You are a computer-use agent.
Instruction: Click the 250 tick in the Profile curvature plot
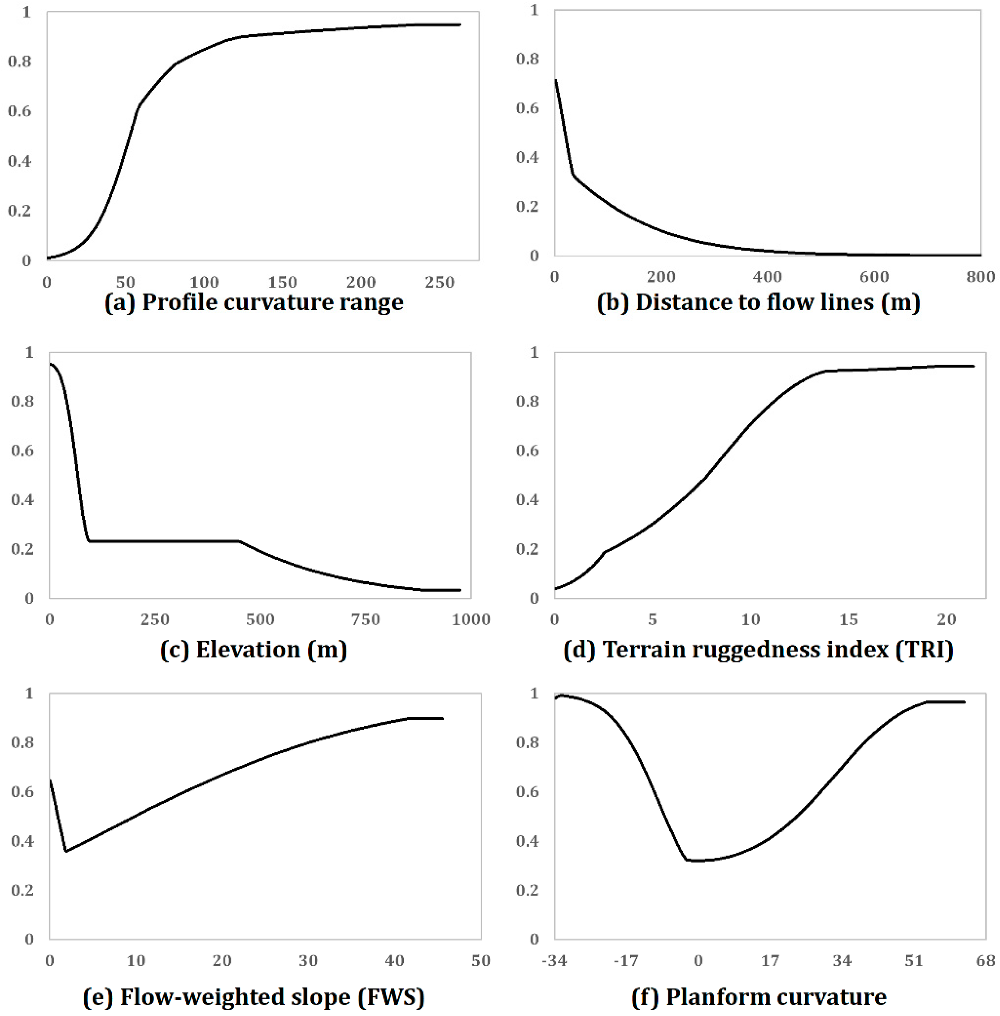pos(439,282)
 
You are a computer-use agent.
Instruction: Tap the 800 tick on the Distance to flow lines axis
pos(980,277)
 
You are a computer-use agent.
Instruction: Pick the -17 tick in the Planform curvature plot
pos(626,961)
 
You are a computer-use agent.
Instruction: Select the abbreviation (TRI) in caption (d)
pos(921,650)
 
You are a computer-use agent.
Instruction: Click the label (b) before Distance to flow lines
pos(613,303)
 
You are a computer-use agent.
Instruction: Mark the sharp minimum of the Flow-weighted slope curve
pos(66,851)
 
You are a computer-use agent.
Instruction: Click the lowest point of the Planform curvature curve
pos(693,860)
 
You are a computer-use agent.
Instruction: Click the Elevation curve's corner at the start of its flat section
pos(90,541)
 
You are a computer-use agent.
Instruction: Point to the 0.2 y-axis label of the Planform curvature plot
pos(527,891)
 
